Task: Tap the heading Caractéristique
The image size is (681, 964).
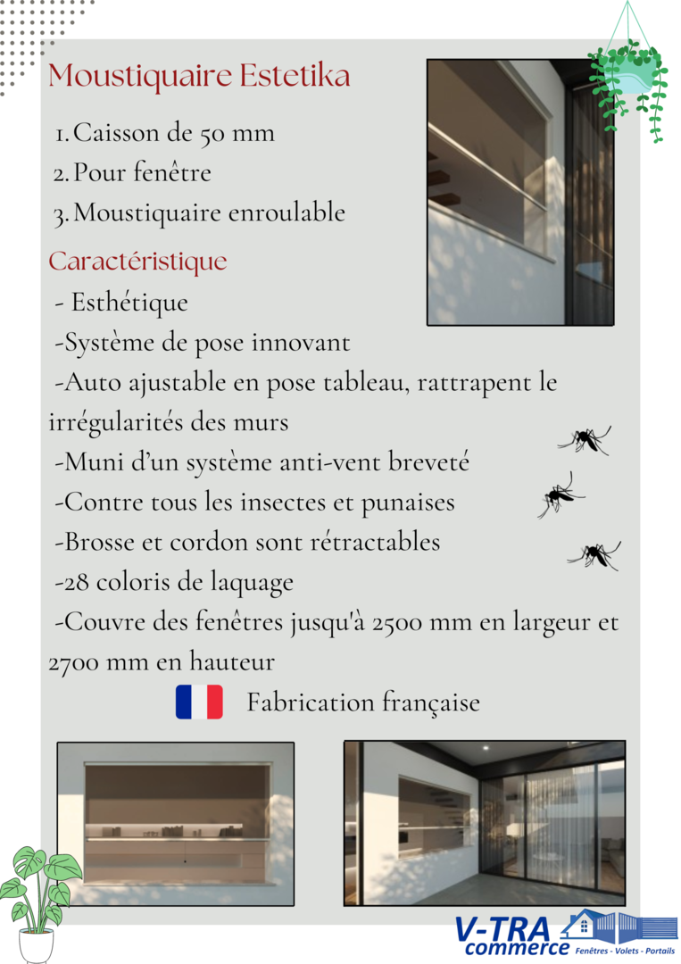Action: (x=137, y=262)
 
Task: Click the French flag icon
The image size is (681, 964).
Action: (x=199, y=702)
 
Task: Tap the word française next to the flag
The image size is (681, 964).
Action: (x=431, y=703)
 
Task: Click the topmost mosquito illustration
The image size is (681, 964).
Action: (x=585, y=439)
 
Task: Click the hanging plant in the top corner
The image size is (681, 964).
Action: (x=631, y=80)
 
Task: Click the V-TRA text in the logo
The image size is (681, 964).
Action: (x=502, y=928)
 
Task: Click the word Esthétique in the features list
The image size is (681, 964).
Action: (x=129, y=303)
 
